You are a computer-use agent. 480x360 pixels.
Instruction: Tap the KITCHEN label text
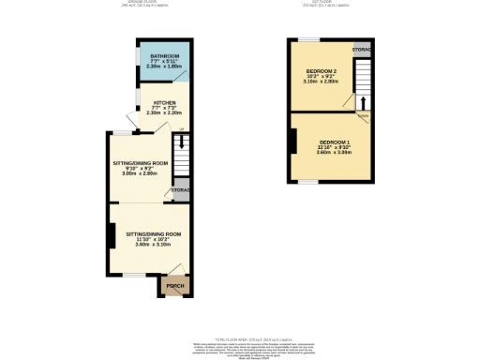165,103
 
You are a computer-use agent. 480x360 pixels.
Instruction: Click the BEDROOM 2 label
322,71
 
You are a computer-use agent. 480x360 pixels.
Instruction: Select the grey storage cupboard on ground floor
180,190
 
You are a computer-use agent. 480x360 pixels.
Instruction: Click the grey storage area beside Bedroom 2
362,48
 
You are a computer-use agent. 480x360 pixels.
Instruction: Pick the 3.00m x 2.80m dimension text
142,173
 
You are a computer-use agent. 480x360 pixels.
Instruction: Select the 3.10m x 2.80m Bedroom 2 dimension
322,82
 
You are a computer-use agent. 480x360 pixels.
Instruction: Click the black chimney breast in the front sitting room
112,236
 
